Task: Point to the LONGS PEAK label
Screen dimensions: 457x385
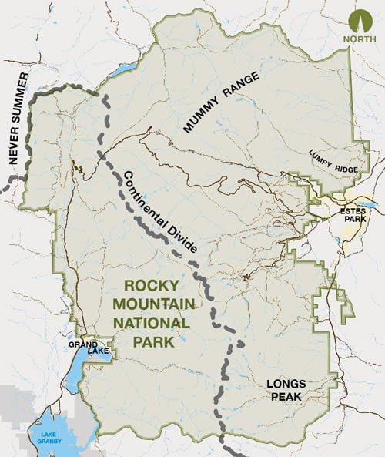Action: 286,389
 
